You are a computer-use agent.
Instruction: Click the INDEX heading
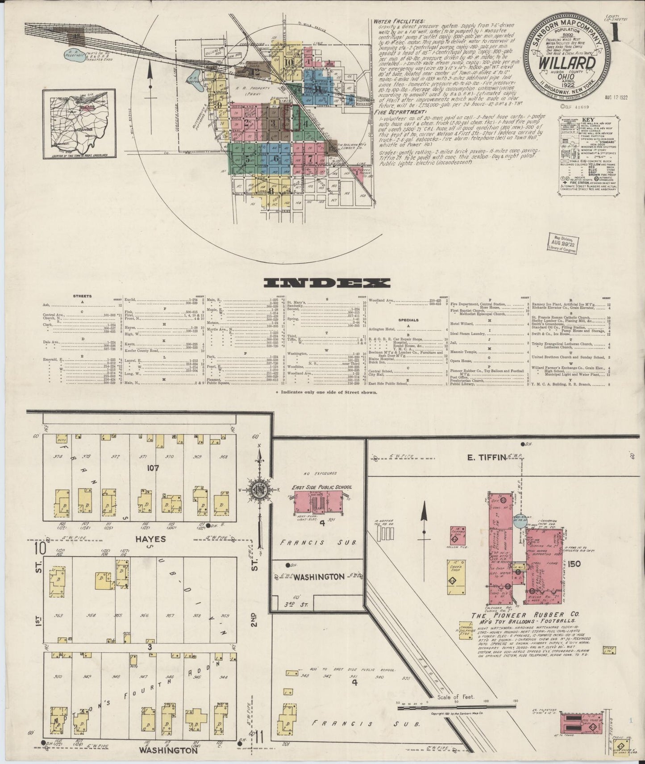point(327,283)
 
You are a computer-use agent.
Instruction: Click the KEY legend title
point(589,121)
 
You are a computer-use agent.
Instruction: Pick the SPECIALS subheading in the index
point(409,320)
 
